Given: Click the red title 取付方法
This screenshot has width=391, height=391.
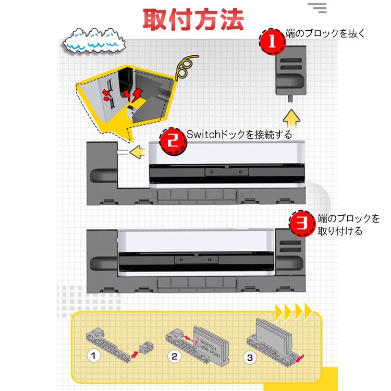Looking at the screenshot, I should pyautogui.click(x=193, y=19).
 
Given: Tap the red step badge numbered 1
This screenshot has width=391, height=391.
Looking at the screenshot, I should pyautogui.click(x=271, y=42).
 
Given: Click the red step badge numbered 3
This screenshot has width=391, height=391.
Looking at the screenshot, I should pyautogui.click(x=302, y=224).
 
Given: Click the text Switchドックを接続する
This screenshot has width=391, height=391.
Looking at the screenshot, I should pyautogui.click(x=239, y=135).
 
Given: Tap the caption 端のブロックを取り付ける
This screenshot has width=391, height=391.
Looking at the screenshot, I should pyautogui.click(x=349, y=225).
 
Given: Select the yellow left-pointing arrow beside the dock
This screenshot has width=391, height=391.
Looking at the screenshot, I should pyautogui.click(x=137, y=153).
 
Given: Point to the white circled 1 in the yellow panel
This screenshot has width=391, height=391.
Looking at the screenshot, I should pyautogui.click(x=93, y=357).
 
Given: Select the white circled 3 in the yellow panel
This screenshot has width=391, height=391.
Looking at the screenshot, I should pyautogui.click(x=250, y=358).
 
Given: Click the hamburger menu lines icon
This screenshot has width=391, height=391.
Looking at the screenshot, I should pyautogui.click(x=316, y=7).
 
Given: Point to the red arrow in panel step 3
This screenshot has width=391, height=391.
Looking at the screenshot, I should pyautogui.click(x=299, y=358).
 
